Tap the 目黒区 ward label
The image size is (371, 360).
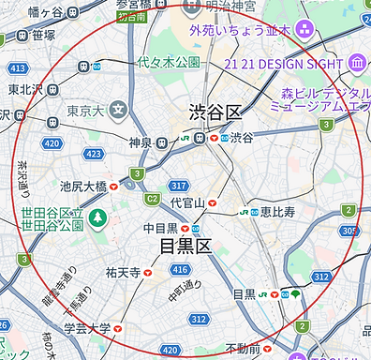(x=186, y=247)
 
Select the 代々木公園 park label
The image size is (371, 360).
(x=169, y=62)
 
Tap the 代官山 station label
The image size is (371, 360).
(x=187, y=202)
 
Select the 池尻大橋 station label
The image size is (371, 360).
(x=83, y=187)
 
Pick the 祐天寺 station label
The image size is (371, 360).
(x=123, y=273)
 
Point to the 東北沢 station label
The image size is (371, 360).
(x=26, y=90)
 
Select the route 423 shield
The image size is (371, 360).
(x=94, y=153)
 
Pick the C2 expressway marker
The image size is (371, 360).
(x=151, y=199)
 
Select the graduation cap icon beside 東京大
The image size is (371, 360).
(x=117, y=111)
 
